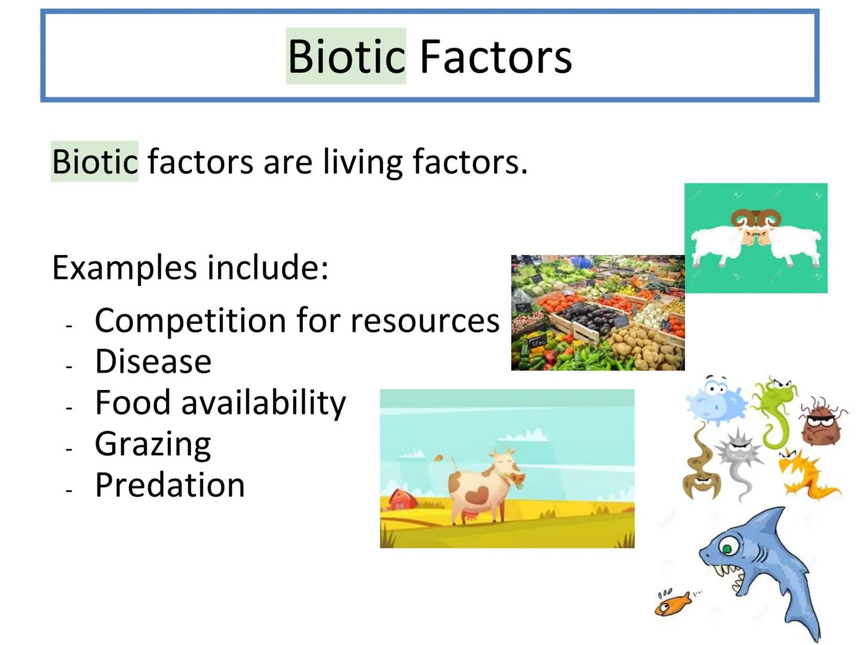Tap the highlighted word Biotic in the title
(x=346, y=56)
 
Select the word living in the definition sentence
(x=363, y=162)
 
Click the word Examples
(x=125, y=269)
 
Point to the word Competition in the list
(x=191, y=321)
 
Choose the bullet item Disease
(x=153, y=361)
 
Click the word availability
(x=264, y=403)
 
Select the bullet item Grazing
(x=153, y=445)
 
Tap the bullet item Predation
(x=170, y=485)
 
